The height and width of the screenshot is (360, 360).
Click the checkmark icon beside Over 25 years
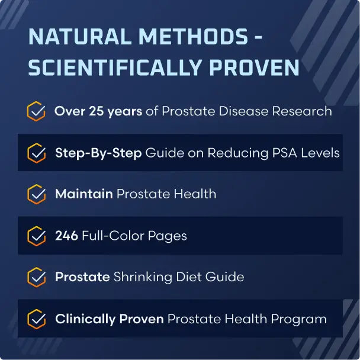(37, 111)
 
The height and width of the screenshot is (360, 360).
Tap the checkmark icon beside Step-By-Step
(37, 153)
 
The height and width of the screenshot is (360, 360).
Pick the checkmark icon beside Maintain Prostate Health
(37, 194)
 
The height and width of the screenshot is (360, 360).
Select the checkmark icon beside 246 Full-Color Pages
(37, 236)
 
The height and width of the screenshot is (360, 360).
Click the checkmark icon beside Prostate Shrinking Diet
(37, 277)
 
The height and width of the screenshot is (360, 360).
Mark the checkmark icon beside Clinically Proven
(37, 319)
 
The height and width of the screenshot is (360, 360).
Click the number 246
(66, 236)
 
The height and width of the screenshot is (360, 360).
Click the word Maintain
(83, 194)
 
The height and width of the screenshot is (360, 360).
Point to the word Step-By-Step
(98, 153)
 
